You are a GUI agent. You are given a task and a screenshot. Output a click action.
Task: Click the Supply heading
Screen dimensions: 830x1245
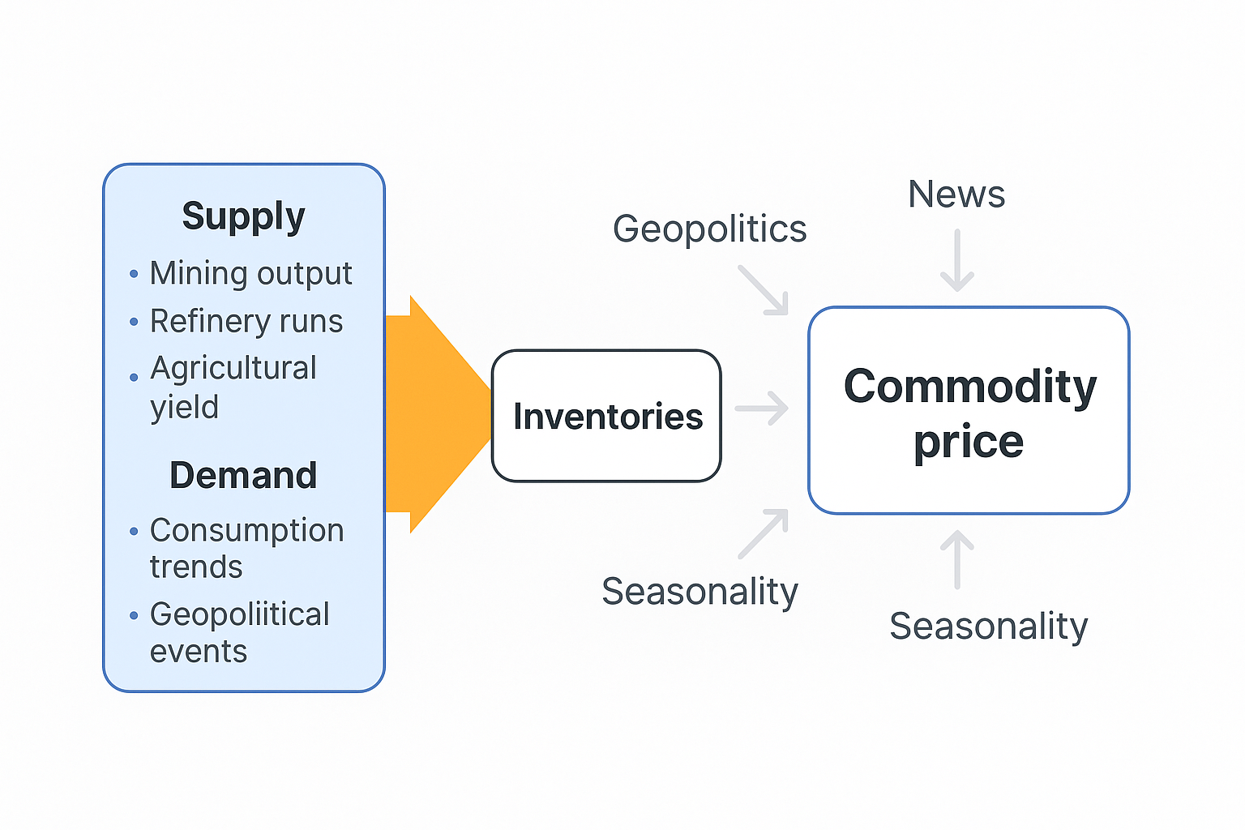point(243,216)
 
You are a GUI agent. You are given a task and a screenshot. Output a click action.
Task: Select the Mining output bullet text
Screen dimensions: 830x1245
point(250,274)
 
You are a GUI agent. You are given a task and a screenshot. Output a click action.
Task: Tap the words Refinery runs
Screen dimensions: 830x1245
point(246,322)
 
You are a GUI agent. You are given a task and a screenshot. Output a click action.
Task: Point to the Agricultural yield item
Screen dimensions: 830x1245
point(233,387)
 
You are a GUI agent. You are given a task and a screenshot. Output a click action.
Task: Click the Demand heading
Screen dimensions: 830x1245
point(243,475)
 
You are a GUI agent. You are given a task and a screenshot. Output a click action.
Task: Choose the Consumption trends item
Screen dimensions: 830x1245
point(246,548)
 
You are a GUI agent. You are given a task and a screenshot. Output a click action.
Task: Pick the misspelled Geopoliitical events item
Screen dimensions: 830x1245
point(239,632)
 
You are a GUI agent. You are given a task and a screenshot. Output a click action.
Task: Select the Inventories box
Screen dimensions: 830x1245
point(606,416)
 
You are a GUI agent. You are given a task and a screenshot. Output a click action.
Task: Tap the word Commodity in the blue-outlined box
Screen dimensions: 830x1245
point(969,387)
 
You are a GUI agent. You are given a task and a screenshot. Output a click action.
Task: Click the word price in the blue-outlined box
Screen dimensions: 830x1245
point(969,443)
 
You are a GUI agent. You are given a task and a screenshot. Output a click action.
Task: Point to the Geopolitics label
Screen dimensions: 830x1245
point(709,229)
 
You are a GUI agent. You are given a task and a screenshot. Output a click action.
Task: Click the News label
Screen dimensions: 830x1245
point(956,195)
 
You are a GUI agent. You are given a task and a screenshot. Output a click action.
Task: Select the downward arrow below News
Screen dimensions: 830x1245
point(957,261)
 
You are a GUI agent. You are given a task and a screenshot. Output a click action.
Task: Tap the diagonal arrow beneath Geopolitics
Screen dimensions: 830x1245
point(764,290)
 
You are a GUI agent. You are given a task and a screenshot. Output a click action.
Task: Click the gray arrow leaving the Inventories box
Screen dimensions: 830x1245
point(762,408)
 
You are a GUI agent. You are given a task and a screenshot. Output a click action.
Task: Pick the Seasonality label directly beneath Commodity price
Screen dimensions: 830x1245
point(988,626)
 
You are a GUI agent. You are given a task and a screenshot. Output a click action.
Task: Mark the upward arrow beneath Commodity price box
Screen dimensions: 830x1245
point(957,558)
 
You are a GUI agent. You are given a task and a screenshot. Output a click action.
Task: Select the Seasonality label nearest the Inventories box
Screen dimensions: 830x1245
point(700,592)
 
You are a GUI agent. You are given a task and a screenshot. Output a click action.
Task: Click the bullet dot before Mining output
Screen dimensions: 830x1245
point(134,275)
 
